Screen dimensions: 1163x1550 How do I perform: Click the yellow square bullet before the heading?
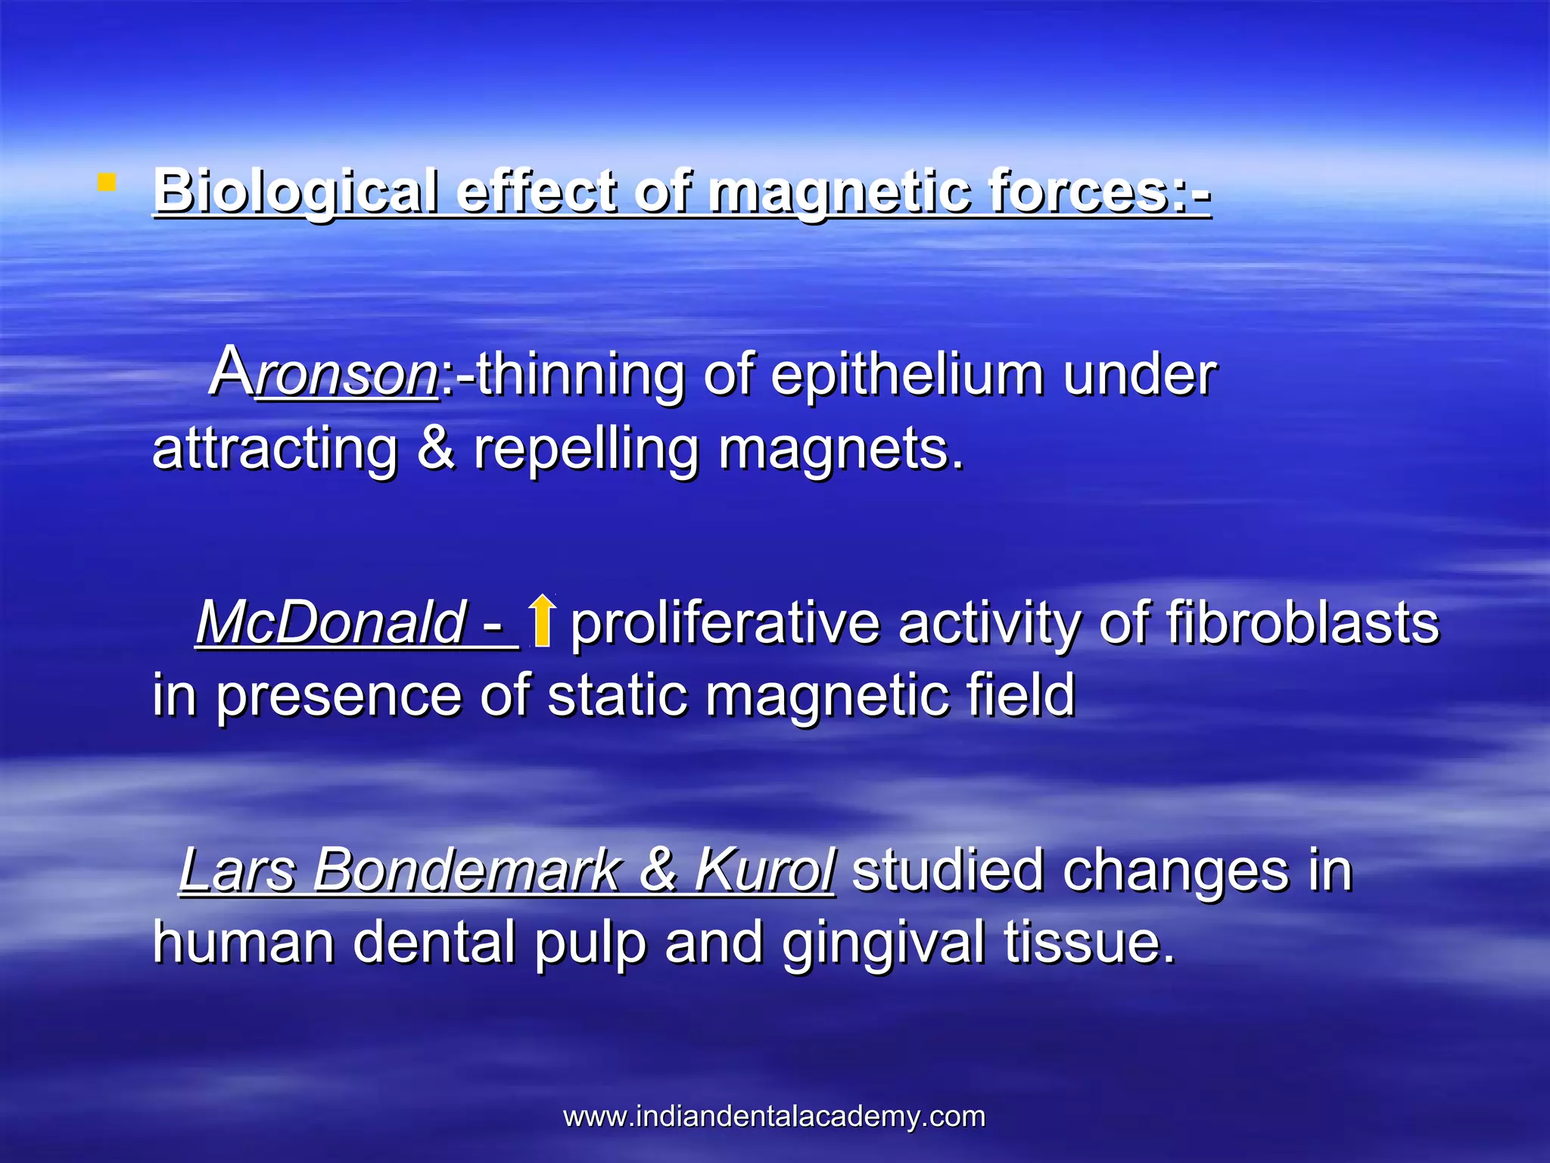tap(107, 182)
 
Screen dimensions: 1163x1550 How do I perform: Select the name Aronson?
tap(324, 373)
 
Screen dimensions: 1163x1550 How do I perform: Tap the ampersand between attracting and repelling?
tap(436, 448)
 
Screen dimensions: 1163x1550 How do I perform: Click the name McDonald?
tap(331, 622)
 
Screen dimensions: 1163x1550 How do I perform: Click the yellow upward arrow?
tap(541, 620)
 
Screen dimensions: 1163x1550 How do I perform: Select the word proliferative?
tap(725, 624)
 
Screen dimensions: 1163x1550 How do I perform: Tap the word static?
tap(617, 695)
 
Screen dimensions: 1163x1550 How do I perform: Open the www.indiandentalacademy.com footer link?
tap(774, 1116)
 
